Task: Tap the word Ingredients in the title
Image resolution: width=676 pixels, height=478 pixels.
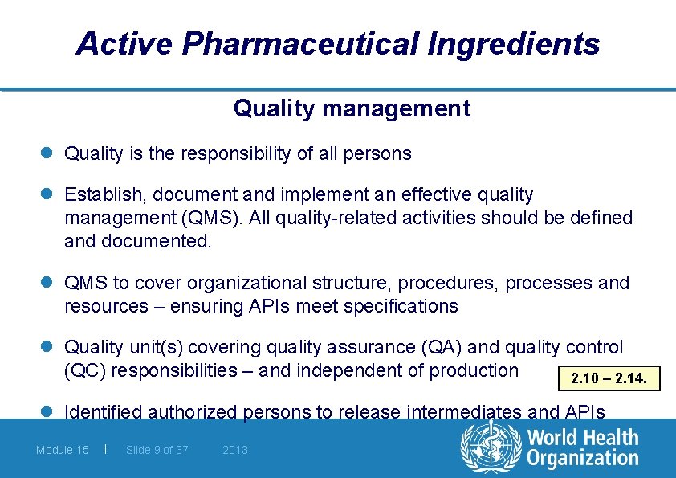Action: (513, 43)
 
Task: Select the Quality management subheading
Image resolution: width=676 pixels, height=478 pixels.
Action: (352, 108)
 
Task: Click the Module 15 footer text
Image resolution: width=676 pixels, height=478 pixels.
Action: (63, 450)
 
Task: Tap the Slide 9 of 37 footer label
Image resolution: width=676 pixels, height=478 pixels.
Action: (157, 450)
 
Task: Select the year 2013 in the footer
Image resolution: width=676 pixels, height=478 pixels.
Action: (235, 450)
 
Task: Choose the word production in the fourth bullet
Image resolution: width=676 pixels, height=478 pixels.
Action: (474, 370)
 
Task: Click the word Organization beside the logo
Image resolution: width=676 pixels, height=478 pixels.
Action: (582, 459)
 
